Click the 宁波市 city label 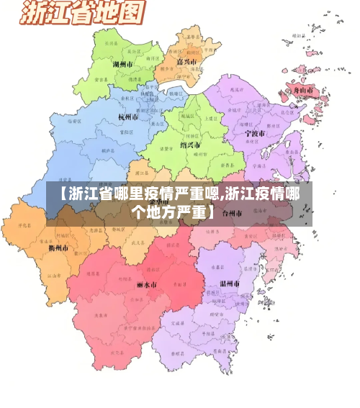[x=255, y=133]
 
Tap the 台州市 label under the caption [x=233, y=214]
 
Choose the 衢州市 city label [x=58, y=248]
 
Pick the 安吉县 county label [x=100, y=80]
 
